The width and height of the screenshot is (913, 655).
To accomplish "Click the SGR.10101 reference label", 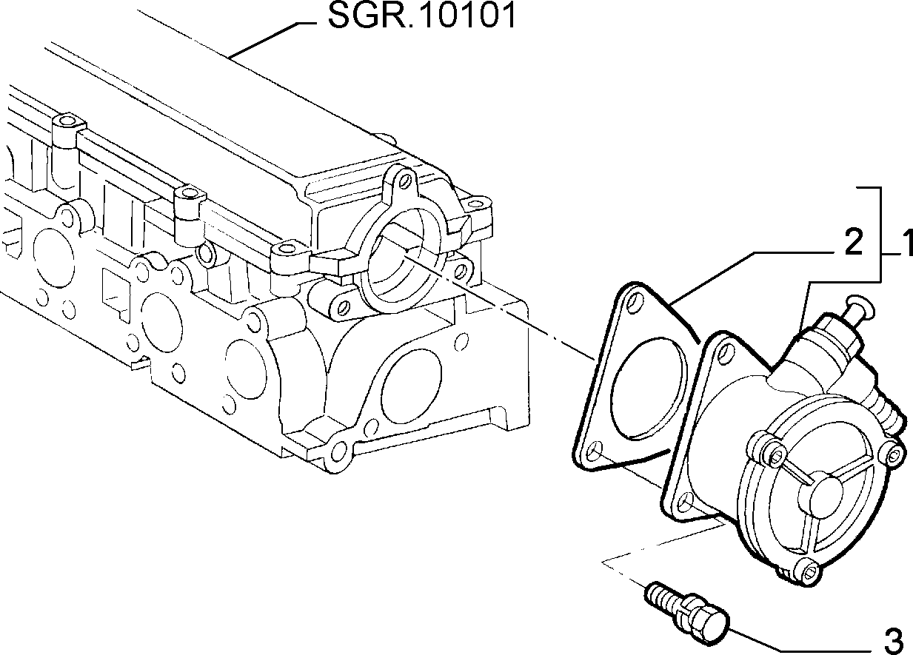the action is point(422,16).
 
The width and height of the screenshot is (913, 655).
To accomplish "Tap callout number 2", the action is point(853,243).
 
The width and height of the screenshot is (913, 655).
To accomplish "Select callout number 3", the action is point(895,642).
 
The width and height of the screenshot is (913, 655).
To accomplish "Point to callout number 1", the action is point(907,243).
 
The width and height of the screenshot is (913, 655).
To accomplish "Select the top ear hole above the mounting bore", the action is point(405,179).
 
